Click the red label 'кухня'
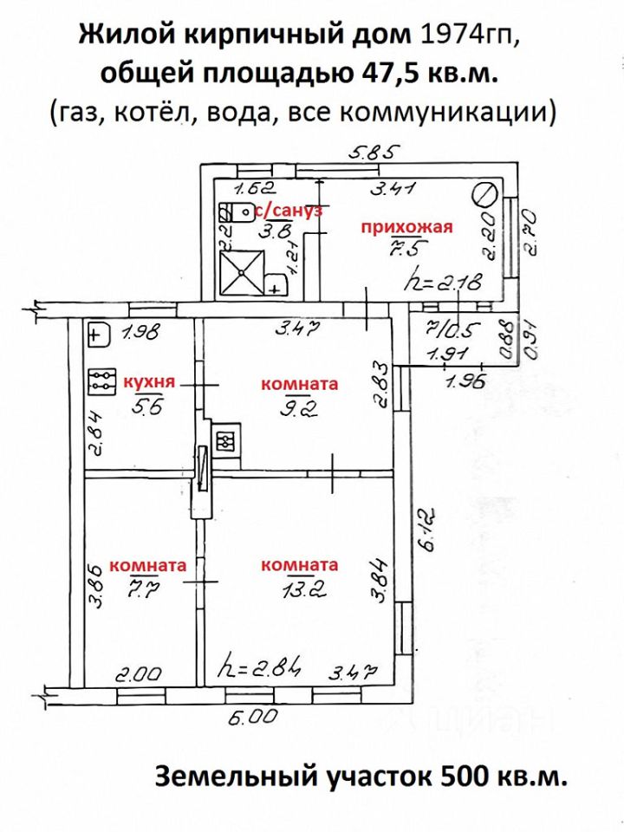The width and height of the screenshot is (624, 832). pyautogui.click(x=150, y=381)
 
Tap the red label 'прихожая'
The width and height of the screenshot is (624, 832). pyautogui.click(x=407, y=227)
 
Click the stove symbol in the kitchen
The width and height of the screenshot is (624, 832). pyautogui.click(x=101, y=381)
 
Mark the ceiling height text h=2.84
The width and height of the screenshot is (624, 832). pyautogui.click(x=260, y=669)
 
